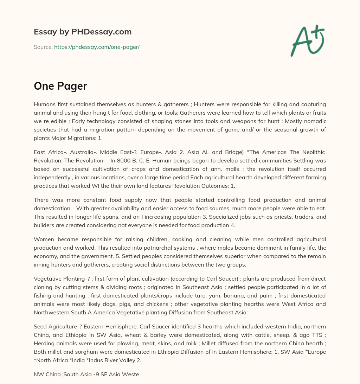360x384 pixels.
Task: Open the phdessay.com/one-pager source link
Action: point(97,47)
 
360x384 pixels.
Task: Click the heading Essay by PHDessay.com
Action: point(83,32)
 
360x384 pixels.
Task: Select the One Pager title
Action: point(60,86)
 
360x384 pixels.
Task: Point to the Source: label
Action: point(43,47)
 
